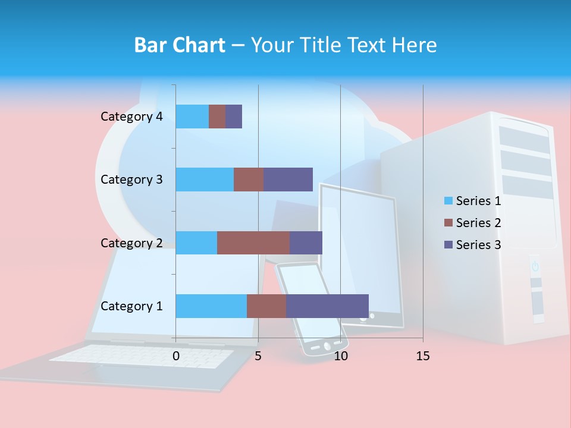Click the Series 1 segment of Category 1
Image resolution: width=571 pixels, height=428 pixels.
[x=211, y=306]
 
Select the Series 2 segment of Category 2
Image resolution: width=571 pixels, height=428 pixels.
[x=253, y=243]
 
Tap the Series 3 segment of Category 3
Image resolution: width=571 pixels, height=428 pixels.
[x=288, y=180]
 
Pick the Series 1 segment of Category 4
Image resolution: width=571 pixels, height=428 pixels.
[x=192, y=117]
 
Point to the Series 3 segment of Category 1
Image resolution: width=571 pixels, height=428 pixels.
[x=327, y=306]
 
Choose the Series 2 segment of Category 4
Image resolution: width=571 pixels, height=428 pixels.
[x=217, y=117]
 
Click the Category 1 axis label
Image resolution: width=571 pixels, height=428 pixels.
[x=131, y=306]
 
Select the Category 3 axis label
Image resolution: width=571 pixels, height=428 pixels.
[x=131, y=180]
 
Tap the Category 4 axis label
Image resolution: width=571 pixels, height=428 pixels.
[x=131, y=117]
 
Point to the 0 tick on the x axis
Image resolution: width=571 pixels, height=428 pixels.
[x=176, y=357]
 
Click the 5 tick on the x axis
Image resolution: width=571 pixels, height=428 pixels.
[x=258, y=357]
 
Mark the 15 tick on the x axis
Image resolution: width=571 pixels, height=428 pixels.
[x=423, y=357]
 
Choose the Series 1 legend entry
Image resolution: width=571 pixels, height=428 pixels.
[x=473, y=201]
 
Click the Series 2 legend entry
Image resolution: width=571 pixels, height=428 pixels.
[x=473, y=223]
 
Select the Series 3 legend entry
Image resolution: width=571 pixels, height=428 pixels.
[x=473, y=245]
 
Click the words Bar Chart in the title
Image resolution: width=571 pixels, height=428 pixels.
[x=180, y=45]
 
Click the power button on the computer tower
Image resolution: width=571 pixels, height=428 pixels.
[x=535, y=266]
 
